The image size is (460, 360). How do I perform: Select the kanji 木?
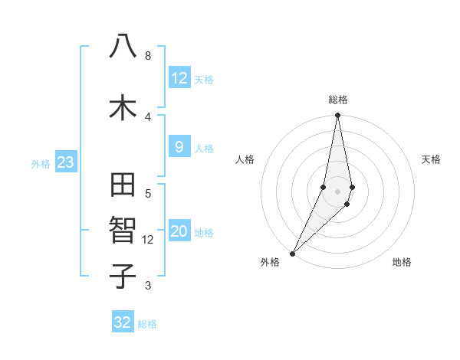[x=123, y=106]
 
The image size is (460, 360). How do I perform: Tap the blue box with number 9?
[x=179, y=147]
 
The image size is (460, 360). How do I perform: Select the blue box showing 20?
[x=179, y=231]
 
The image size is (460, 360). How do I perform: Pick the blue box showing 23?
[x=65, y=162]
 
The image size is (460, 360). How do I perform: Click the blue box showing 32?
[x=123, y=322]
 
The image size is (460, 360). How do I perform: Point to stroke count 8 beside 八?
[x=148, y=56]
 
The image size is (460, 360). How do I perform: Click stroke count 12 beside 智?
[x=148, y=240]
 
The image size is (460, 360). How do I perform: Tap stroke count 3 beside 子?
[x=148, y=286]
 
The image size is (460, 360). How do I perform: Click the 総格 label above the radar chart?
[x=337, y=100]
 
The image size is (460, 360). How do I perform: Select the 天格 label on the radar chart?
[x=431, y=159]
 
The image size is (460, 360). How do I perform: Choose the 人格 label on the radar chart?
[x=245, y=159]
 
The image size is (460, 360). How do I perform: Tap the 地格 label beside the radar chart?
[x=402, y=262]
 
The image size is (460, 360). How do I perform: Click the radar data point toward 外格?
[x=292, y=253]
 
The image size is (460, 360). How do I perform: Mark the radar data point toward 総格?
[x=337, y=116]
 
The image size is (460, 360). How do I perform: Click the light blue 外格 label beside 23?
[x=41, y=163]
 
